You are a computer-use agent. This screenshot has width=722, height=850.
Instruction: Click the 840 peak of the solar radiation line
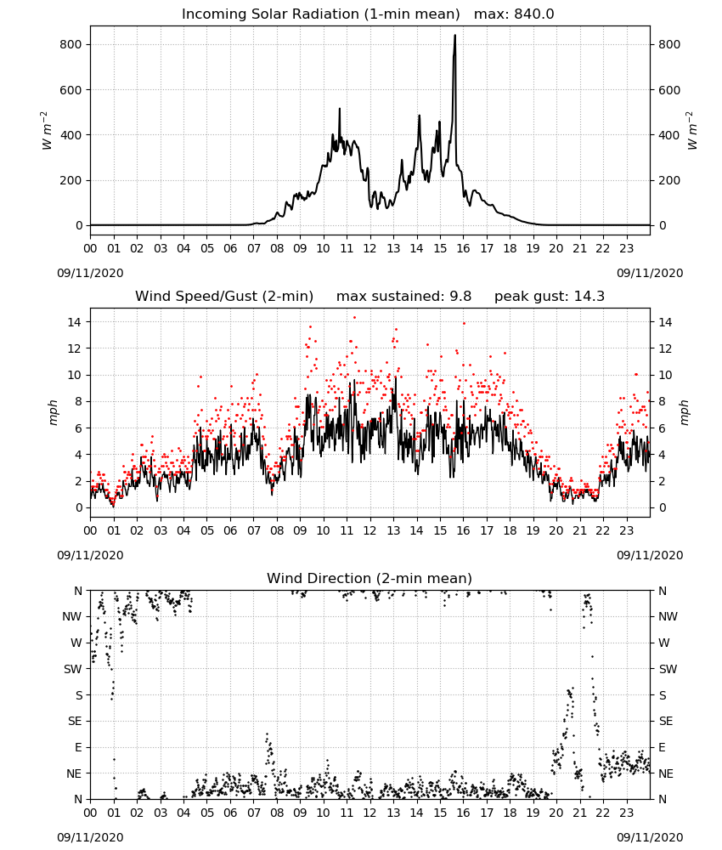click(455, 36)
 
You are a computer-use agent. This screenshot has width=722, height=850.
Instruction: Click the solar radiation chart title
click(320, 14)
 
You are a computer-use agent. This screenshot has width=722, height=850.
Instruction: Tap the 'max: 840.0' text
click(514, 14)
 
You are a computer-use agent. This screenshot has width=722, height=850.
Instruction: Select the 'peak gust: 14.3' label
click(550, 297)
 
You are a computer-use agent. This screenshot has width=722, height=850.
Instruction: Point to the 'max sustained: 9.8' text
click(403, 297)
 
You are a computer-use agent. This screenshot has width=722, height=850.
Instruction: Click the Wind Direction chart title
click(369, 578)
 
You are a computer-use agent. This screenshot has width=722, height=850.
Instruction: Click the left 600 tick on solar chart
click(71, 90)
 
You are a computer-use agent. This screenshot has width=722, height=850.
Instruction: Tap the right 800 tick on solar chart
click(669, 44)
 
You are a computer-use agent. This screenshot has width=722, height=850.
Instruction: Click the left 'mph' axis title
click(53, 412)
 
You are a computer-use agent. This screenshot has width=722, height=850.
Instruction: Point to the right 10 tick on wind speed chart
click(665, 375)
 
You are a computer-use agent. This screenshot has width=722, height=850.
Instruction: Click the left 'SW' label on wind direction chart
click(73, 669)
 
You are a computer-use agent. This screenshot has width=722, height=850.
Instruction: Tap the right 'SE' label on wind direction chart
click(666, 721)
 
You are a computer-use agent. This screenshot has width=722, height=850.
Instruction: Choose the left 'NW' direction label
click(72, 616)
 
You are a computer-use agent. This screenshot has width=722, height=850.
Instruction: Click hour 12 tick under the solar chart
click(370, 248)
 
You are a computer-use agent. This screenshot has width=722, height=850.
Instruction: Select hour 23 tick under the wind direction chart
click(627, 812)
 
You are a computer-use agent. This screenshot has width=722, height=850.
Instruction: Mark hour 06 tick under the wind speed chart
click(230, 530)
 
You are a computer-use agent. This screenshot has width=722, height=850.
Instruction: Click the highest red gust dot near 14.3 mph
click(355, 318)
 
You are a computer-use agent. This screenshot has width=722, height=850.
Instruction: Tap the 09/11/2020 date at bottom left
click(90, 837)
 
